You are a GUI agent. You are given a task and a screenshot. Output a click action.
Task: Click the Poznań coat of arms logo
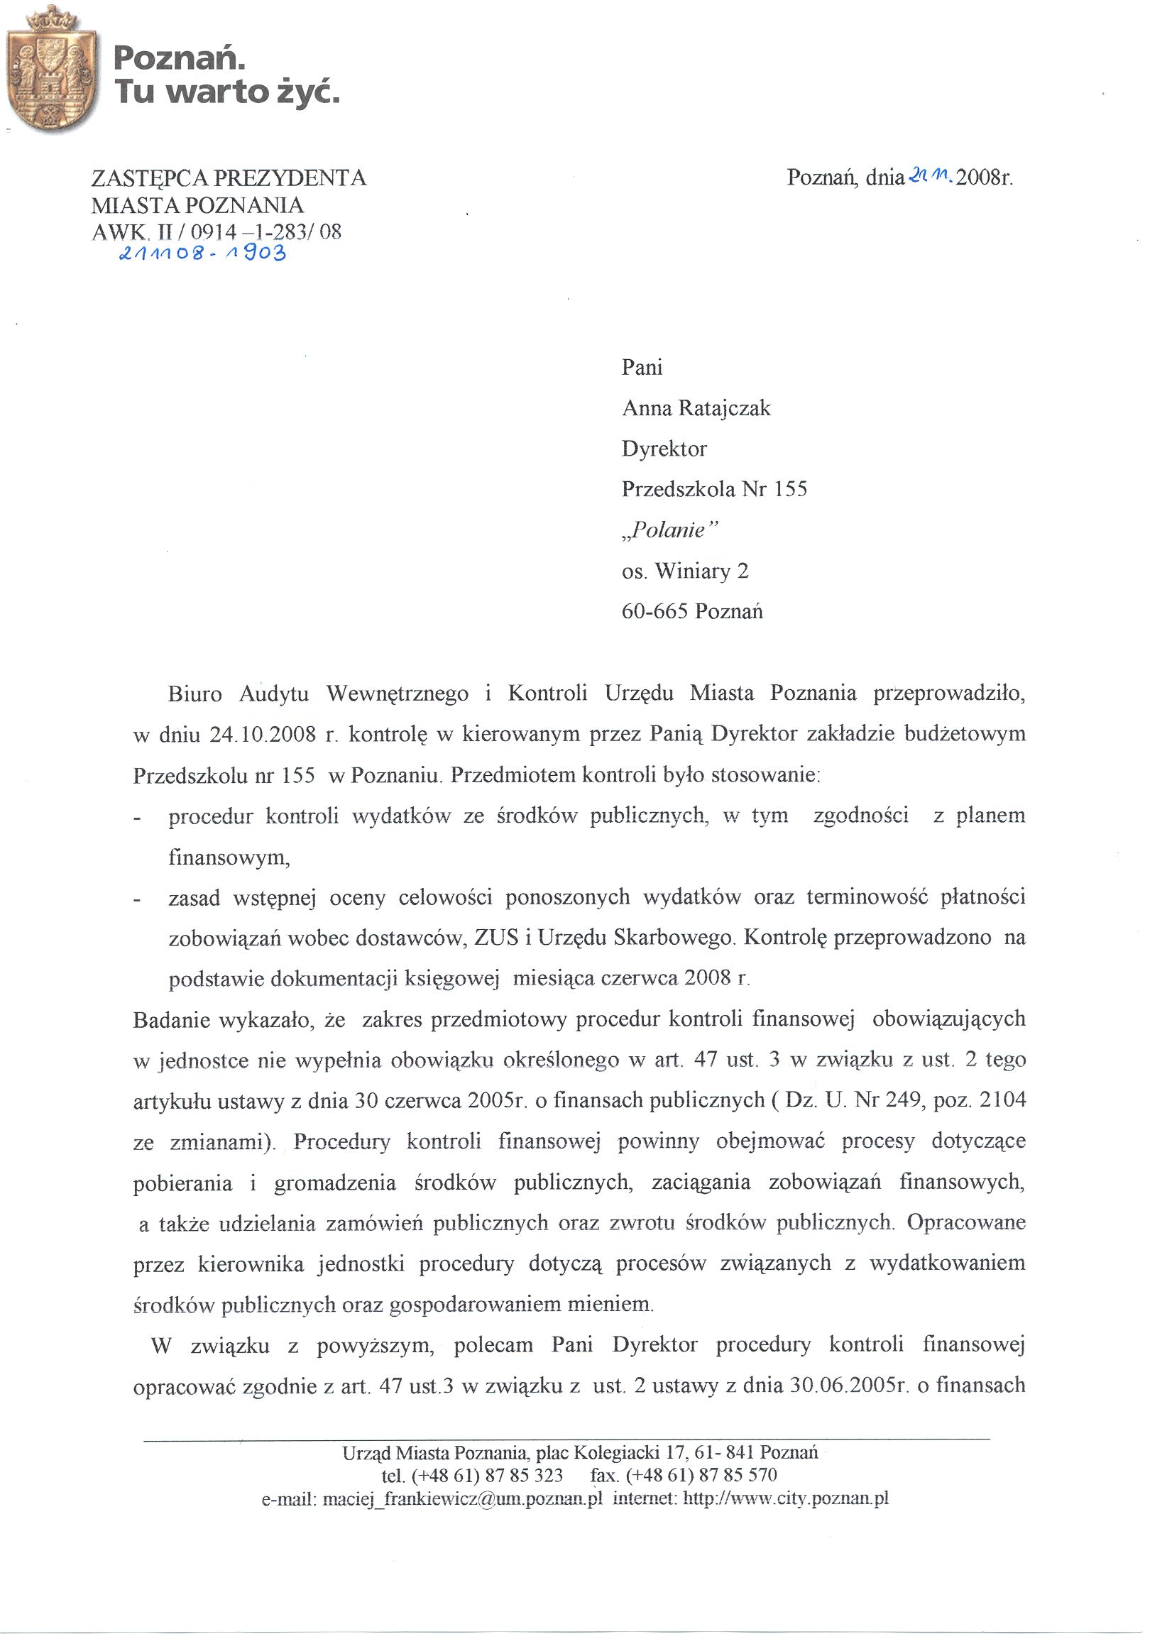[52, 70]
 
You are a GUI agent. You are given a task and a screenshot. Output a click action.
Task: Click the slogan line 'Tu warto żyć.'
[226, 93]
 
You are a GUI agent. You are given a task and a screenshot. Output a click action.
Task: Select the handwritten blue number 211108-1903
[203, 253]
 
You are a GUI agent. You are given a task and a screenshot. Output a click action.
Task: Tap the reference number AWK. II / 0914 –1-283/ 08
[217, 231]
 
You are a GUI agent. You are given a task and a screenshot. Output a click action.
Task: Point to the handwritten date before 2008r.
[931, 175]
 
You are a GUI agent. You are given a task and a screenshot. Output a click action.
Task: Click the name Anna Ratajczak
[696, 408]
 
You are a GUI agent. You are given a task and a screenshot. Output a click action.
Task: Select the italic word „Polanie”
[669, 530]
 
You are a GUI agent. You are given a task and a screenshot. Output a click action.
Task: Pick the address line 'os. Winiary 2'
[685, 571]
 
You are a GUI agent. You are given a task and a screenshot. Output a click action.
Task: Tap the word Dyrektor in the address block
[664, 449]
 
